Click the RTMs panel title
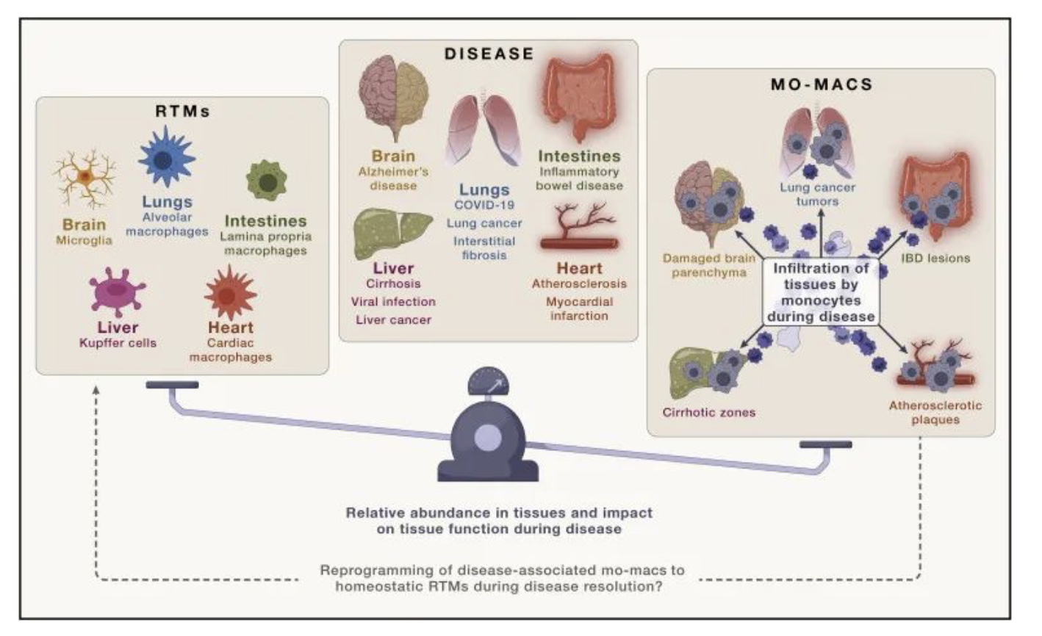click(x=182, y=111)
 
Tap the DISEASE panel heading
click(x=489, y=54)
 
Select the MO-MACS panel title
click(x=822, y=84)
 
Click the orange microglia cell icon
click(x=85, y=178)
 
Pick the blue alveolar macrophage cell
click(x=166, y=157)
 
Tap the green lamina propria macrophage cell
click(x=267, y=181)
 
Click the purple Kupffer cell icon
click(x=117, y=292)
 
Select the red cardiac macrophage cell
click(x=230, y=293)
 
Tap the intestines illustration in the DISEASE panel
click(x=579, y=98)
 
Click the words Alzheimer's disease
click(x=393, y=178)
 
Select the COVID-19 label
click(x=484, y=205)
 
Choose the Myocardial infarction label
click(x=579, y=308)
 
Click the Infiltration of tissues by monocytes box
click(x=821, y=292)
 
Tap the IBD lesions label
click(x=935, y=258)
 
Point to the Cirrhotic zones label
click(x=709, y=413)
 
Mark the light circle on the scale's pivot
click(x=488, y=438)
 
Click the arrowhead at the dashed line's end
click(x=96, y=389)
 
